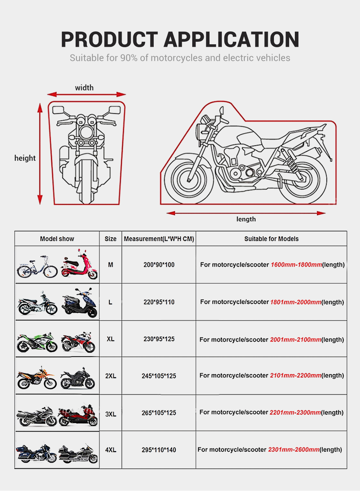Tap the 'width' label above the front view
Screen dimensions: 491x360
click(84, 88)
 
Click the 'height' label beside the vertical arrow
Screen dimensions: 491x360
click(25, 158)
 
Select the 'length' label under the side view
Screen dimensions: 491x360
click(246, 219)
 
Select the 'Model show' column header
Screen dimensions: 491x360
click(57, 239)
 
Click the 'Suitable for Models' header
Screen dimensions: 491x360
click(271, 239)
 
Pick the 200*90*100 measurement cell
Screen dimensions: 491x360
click(159, 265)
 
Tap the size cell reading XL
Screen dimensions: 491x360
click(111, 339)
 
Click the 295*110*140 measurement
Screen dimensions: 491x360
click(159, 450)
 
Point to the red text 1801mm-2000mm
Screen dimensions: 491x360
click(296, 302)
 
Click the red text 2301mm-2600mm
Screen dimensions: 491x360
click(294, 450)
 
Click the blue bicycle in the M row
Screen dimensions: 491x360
click(37, 267)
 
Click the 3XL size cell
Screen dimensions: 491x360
click(111, 414)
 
